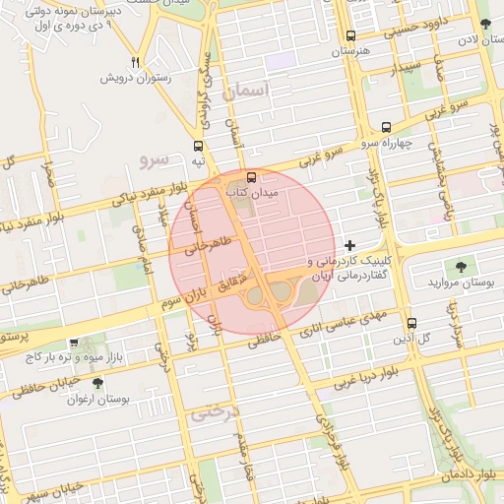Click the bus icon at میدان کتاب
coord(252,178)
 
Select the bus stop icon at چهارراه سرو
coord(385,127)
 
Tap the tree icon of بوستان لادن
coord(485,24)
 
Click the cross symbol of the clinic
coord(350,244)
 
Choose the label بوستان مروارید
coord(459,283)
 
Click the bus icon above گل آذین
coord(411,322)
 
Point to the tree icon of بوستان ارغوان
coord(96,383)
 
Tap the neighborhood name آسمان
coord(246,92)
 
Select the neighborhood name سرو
coord(156,157)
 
